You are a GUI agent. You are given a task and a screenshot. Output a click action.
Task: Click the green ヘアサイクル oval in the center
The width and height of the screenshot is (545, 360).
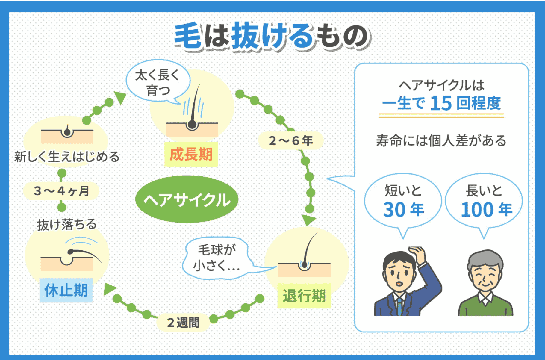point(187,199)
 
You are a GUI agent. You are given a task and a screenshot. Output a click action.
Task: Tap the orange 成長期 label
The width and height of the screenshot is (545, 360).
point(191,155)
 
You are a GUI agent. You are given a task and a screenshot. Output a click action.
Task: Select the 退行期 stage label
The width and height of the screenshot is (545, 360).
point(304,296)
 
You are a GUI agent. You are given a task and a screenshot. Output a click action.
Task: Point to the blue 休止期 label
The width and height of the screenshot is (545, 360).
point(66,290)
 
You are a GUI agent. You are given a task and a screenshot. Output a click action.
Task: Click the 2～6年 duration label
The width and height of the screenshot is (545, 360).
point(290,140)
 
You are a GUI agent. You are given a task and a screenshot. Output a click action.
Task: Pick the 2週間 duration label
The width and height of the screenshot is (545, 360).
point(183,323)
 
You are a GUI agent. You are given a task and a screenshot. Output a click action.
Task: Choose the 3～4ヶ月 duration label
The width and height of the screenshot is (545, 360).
point(61,191)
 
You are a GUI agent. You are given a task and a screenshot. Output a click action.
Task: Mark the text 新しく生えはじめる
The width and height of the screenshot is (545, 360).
point(67,156)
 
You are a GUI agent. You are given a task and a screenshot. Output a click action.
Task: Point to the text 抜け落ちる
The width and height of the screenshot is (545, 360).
point(67,224)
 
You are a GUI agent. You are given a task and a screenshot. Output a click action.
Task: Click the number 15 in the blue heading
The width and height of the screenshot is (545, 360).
point(441,103)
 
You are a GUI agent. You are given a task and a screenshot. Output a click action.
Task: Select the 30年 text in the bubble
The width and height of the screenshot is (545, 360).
point(403,209)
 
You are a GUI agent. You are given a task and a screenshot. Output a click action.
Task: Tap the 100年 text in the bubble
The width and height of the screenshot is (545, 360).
point(486,209)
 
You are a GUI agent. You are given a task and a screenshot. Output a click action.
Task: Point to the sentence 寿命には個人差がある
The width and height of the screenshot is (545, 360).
point(441,140)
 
